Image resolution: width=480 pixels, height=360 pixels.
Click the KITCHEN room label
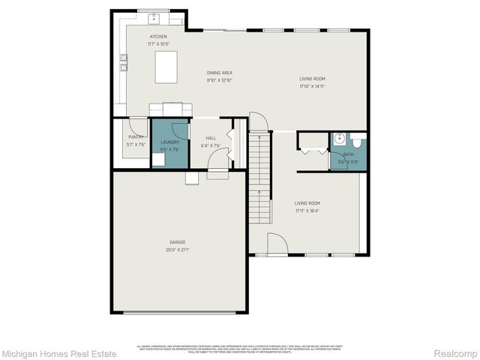[158, 37]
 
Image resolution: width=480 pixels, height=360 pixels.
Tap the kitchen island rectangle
[166, 67]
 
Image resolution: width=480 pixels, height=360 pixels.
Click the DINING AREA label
[220, 73]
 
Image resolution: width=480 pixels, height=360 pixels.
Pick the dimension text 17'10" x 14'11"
[312, 86]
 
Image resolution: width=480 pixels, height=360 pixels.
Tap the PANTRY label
[136, 137]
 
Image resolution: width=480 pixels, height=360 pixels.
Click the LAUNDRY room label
[170, 142]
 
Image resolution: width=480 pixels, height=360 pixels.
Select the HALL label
[211, 138]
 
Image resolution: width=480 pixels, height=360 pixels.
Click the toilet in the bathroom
[358, 140]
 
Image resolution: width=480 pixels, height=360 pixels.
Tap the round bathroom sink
[339, 139]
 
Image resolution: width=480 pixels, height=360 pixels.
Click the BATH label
[349, 154]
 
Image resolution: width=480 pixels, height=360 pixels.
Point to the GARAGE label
[178, 242]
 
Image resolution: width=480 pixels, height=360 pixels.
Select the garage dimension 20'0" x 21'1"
[178, 250]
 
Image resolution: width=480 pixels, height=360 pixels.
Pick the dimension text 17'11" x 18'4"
[307, 211]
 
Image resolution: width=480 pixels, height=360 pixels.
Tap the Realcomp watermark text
[455, 352]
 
